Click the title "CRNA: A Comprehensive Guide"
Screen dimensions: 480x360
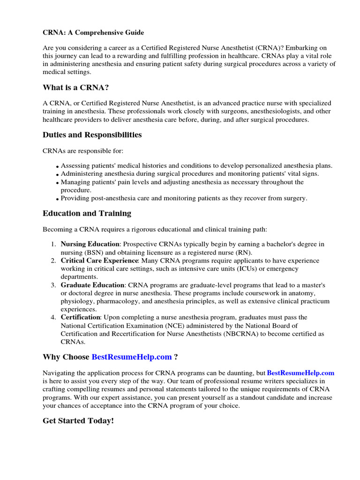pos(93,32)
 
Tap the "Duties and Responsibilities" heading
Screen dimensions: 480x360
pos(92,135)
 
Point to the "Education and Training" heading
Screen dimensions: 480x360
pos(87,213)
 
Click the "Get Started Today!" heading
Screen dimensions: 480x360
pos(78,421)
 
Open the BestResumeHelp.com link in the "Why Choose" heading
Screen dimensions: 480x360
pos(132,357)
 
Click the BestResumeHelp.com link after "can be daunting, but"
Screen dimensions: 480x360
pos(300,373)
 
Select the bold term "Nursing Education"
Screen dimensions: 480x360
pos(90,244)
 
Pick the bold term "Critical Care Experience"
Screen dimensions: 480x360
pos(99,261)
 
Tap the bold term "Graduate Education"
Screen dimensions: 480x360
pos(93,285)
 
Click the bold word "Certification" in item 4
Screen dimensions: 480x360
pos(80,317)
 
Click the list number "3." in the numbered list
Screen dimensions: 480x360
pos(53,285)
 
